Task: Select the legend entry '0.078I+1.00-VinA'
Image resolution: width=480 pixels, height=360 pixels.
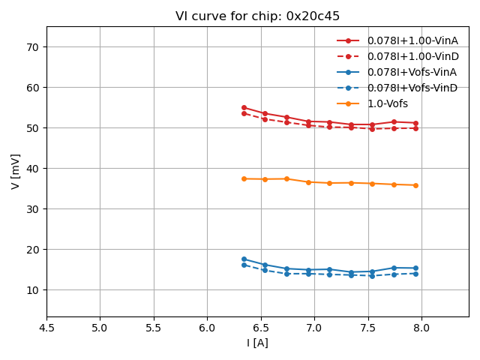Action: tap(412, 40)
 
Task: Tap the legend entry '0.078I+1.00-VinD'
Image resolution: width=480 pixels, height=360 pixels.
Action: tap(412, 56)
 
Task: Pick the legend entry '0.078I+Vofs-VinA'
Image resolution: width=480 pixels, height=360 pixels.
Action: tap(412, 72)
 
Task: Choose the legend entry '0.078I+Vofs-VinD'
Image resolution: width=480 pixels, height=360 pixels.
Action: tap(412, 88)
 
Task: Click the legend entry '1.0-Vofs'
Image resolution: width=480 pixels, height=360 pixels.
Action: tap(388, 103)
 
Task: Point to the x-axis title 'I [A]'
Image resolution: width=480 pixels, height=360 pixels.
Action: tap(257, 343)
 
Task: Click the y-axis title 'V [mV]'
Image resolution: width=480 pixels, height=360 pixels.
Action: tap(15, 171)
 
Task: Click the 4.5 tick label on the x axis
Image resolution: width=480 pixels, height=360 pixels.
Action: tap(46, 328)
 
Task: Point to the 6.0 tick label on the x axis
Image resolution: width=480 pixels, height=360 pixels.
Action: tap(207, 328)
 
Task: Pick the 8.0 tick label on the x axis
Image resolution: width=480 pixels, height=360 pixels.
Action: tap(421, 328)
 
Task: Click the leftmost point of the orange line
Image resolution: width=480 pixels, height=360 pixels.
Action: tap(244, 178)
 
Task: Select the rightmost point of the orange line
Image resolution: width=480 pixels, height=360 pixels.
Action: tap(415, 185)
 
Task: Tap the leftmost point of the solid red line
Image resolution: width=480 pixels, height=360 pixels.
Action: tap(244, 107)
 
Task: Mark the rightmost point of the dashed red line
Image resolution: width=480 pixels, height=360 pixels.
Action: tap(415, 128)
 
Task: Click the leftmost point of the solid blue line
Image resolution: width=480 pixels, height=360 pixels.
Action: tap(244, 259)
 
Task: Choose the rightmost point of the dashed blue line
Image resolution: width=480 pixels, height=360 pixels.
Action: tap(415, 274)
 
